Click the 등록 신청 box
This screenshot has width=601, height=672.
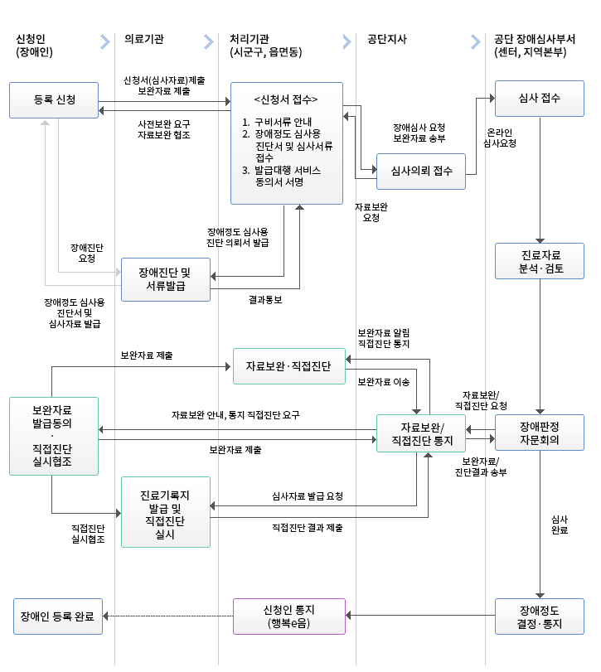(x=54, y=99)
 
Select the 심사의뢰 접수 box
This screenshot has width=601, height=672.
(x=420, y=171)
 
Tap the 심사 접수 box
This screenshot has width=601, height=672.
(x=539, y=98)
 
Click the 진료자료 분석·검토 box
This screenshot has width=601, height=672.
(x=539, y=261)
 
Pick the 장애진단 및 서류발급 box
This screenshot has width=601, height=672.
(x=165, y=279)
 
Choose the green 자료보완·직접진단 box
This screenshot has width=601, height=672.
(x=288, y=365)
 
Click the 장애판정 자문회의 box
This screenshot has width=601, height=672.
(x=539, y=433)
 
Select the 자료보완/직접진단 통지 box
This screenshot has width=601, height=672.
(x=420, y=433)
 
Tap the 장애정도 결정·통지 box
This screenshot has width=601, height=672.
(x=539, y=616)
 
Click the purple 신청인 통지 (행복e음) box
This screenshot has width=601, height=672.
(x=288, y=616)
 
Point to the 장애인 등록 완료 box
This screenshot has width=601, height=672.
(x=57, y=616)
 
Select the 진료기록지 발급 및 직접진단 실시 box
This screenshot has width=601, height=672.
(x=165, y=512)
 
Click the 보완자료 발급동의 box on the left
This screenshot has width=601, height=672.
(x=53, y=436)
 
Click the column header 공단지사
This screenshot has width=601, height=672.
(x=386, y=39)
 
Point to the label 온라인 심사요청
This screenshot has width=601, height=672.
(x=500, y=138)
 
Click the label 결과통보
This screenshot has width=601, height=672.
(x=265, y=300)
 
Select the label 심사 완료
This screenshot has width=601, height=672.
(x=559, y=525)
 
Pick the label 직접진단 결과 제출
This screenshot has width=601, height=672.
(x=307, y=527)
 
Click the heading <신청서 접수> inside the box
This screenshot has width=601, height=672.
(x=286, y=99)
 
